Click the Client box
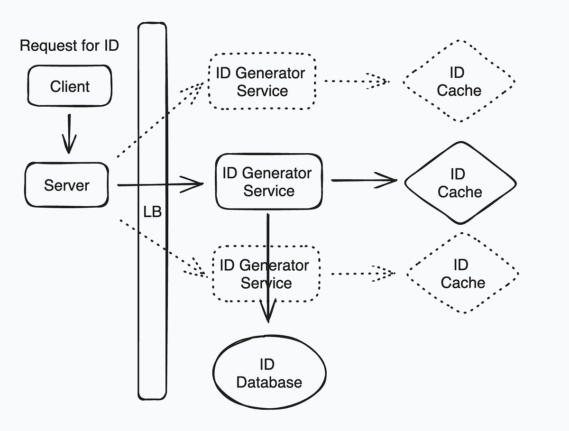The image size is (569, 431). pyautogui.click(x=70, y=86)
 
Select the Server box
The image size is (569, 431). pyautogui.click(x=66, y=185)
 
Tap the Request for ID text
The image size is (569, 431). pyautogui.click(x=69, y=46)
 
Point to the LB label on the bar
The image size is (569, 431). pyautogui.click(x=152, y=212)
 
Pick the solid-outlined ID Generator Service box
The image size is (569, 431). pyautogui.click(x=268, y=182)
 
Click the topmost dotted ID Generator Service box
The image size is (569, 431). pyautogui.click(x=262, y=82)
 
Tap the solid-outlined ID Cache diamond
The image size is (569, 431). pyautogui.click(x=459, y=183)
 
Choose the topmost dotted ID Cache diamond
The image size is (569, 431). pyautogui.click(x=459, y=81)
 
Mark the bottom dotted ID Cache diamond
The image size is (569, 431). pyautogui.click(x=462, y=273)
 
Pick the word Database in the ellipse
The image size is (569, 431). pyautogui.click(x=269, y=382)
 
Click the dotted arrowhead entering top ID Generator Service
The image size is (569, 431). pyautogui.click(x=197, y=88)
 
